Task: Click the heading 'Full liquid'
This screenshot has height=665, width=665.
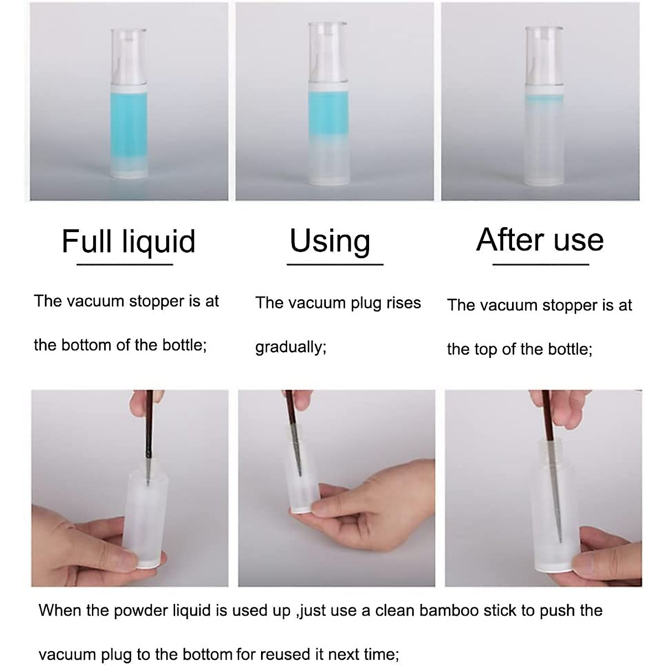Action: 129,241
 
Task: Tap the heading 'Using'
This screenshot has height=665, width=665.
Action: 330,241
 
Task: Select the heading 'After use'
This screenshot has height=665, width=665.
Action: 540,239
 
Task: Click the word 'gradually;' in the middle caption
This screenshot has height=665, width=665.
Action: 290,347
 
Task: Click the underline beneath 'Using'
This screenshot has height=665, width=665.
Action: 335,265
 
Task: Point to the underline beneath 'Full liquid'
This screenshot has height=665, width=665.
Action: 125,265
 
